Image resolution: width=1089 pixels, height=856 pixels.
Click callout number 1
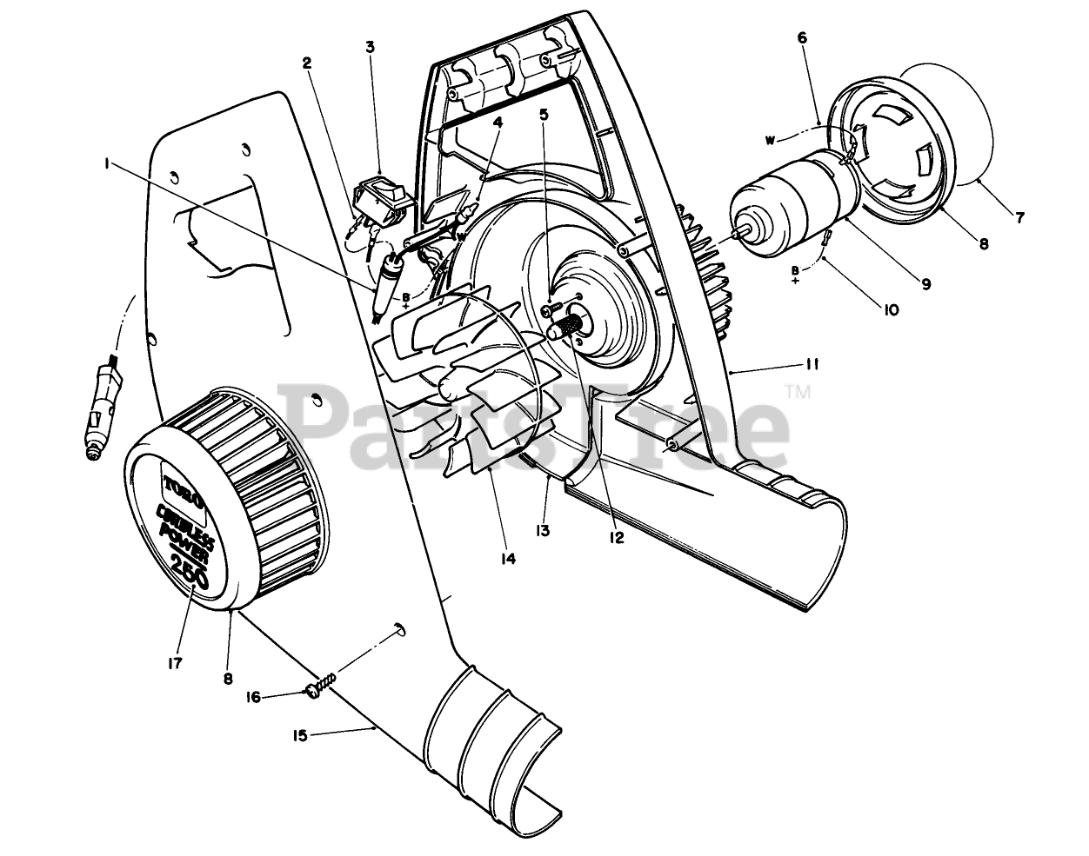(x=107, y=163)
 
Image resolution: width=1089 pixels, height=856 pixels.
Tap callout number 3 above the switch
(x=371, y=47)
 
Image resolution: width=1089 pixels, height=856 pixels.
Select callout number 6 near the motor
(x=801, y=37)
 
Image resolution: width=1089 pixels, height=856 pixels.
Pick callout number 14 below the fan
(x=508, y=558)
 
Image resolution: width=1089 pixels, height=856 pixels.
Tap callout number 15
(x=299, y=735)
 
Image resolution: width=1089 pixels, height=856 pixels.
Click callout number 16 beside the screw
(x=252, y=697)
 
